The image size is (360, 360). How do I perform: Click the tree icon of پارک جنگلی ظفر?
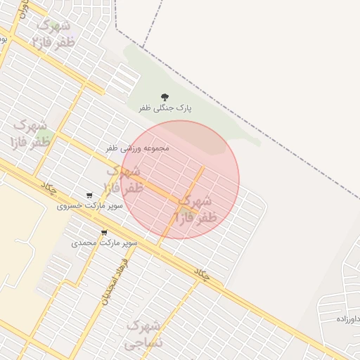pos(165,97)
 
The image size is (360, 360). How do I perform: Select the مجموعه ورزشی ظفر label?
pos(138,148)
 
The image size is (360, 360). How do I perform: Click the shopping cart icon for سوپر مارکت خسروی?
pos(89,195)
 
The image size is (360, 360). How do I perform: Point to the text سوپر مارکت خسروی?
pos(90,206)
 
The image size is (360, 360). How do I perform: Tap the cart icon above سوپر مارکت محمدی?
pos(104,232)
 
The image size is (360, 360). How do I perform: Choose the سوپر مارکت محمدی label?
pos(105,243)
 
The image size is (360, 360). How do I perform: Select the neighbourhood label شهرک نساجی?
pos(143,335)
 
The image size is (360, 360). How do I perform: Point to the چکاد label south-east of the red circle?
pos(202,274)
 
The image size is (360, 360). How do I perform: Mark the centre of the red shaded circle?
pos(180,180)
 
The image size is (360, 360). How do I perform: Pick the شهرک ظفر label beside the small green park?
pos(31,134)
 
